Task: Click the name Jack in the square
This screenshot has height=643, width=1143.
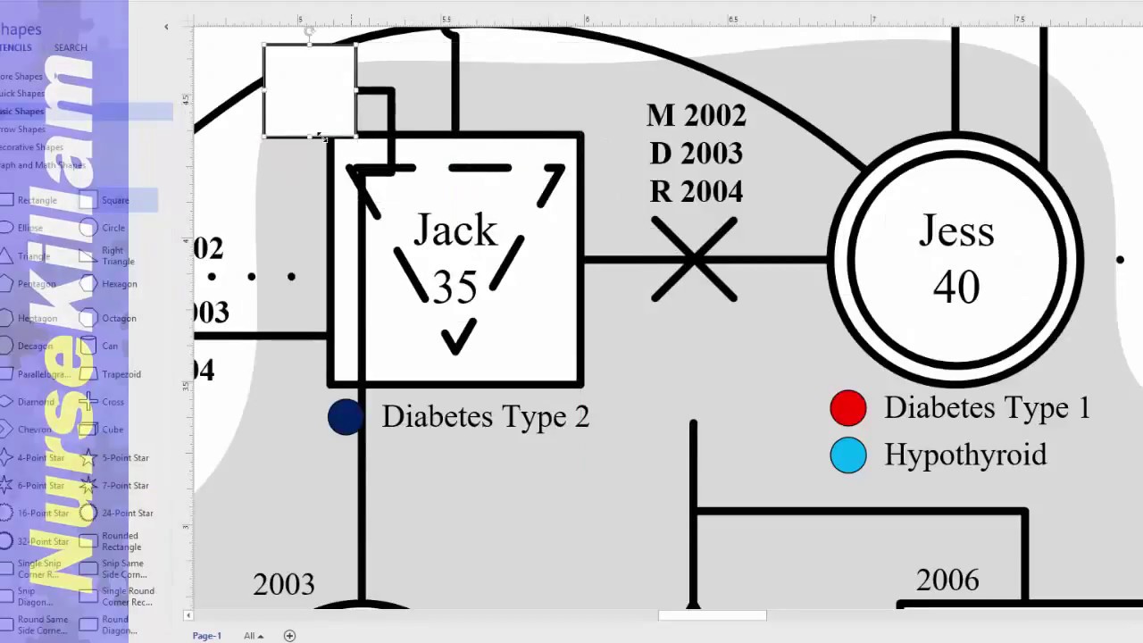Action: [x=455, y=230]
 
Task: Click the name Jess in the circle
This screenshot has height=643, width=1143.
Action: [x=955, y=232]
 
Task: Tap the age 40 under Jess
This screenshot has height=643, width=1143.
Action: [x=955, y=288]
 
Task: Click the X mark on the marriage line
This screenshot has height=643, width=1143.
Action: [x=694, y=260]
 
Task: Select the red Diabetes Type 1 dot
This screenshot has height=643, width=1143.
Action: [x=847, y=408]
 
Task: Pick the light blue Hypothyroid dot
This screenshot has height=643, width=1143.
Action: [x=847, y=455]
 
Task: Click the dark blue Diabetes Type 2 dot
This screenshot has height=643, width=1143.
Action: [x=345, y=417]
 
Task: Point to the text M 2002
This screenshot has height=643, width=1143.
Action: [x=696, y=115]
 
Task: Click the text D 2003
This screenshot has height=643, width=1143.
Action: [x=696, y=154]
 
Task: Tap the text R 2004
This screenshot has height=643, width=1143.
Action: [x=696, y=192]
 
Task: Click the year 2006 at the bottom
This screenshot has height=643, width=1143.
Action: [x=947, y=580]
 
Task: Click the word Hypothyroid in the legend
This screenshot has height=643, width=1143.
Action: [x=965, y=455]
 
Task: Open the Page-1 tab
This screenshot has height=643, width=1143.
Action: [x=206, y=636]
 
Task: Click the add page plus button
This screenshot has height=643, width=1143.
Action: [x=289, y=636]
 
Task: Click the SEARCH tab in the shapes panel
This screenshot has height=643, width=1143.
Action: [x=71, y=47]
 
